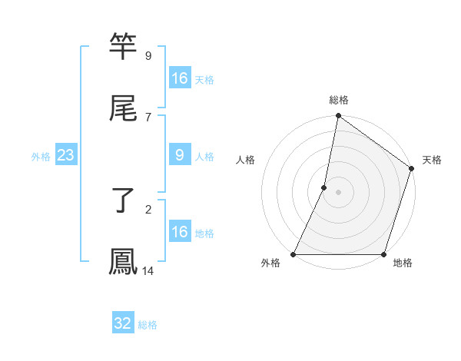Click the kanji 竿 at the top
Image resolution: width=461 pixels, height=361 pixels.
[x=123, y=48]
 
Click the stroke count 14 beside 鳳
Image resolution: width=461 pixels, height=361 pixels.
[x=148, y=271]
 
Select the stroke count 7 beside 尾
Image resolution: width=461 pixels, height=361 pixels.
[x=148, y=117]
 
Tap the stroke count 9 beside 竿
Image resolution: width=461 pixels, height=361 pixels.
[x=148, y=55]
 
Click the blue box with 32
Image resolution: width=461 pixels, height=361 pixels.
[x=123, y=323]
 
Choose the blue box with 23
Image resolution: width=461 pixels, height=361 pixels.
[x=66, y=155]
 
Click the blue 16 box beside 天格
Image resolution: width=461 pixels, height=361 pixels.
[x=180, y=78]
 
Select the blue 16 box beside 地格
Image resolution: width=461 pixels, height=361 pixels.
[x=180, y=232]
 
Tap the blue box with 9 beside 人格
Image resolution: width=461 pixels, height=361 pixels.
[x=180, y=155]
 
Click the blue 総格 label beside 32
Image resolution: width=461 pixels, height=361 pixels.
[x=148, y=325]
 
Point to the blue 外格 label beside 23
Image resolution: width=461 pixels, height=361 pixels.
[x=41, y=157]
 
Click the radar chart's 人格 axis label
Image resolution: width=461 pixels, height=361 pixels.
[x=246, y=160]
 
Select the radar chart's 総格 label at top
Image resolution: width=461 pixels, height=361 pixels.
[x=339, y=100]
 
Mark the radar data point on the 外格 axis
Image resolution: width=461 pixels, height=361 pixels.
[x=294, y=254]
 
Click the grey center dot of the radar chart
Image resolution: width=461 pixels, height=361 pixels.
[x=339, y=192]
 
